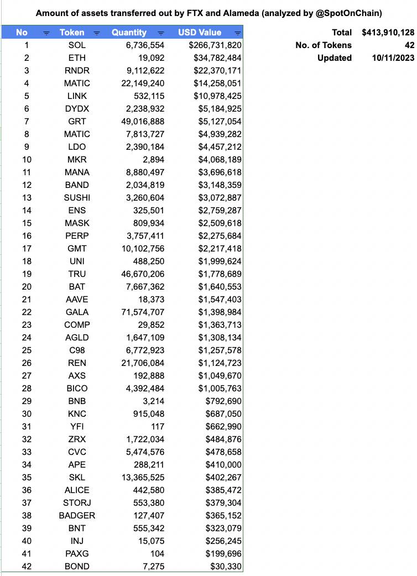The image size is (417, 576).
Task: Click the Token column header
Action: (x=72, y=33)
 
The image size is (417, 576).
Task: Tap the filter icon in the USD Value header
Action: (x=237, y=33)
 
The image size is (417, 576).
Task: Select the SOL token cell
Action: (x=76, y=45)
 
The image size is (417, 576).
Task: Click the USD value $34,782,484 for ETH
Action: (x=217, y=57)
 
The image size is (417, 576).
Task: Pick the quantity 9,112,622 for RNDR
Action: (x=145, y=70)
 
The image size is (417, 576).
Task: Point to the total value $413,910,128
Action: (x=388, y=32)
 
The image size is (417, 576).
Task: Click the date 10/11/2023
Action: (x=393, y=57)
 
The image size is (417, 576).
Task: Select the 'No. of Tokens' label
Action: (x=324, y=45)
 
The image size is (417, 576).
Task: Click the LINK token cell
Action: (x=76, y=96)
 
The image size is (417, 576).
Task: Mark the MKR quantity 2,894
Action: (x=153, y=159)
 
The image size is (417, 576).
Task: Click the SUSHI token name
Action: (x=76, y=197)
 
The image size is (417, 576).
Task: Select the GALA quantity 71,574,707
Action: (x=143, y=312)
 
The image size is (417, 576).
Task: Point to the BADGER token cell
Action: (x=76, y=515)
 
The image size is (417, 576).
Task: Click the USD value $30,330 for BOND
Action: (x=226, y=566)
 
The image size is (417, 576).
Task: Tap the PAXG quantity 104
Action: (x=157, y=553)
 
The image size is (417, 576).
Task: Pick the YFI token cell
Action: (x=76, y=426)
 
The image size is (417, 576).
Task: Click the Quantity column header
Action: (x=129, y=33)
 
